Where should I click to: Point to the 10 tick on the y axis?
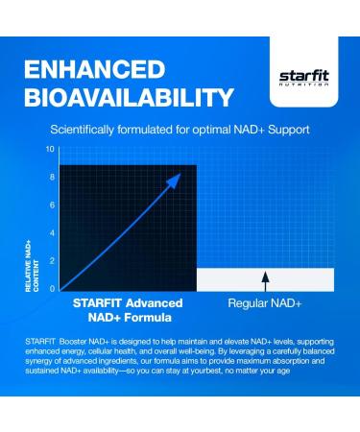[x=50, y=150]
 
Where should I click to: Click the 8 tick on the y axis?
[x=51, y=178]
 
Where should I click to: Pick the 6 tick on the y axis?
[x=51, y=205]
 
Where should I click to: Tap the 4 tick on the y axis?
[x=51, y=233]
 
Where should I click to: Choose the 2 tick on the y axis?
[x=51, y=261]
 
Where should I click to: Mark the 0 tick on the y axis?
[x=51, y=288]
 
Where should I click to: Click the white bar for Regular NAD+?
[x=265, y=278]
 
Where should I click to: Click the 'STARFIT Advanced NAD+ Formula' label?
[x=127, y=308]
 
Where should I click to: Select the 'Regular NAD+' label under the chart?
[x=265, y=302]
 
